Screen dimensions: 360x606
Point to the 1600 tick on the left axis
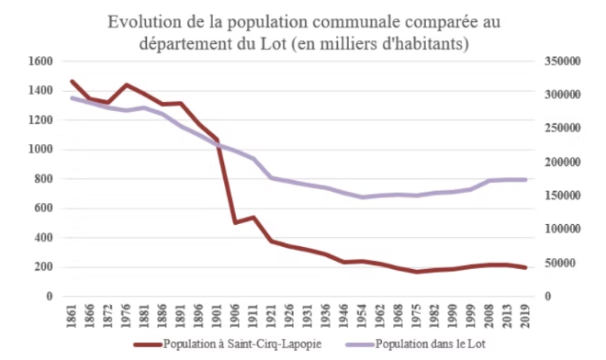pos(41,62)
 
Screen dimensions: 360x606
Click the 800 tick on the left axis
pos(44,179)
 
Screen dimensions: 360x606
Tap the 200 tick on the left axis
pos(44,267)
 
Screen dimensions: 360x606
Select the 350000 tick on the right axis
pos(562,62)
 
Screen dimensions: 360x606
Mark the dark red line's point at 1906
pos(235,222)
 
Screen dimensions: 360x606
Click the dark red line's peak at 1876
pos(127,84)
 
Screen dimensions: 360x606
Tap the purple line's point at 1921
pos(271,177)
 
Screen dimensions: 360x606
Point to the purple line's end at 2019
pos(524,179)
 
